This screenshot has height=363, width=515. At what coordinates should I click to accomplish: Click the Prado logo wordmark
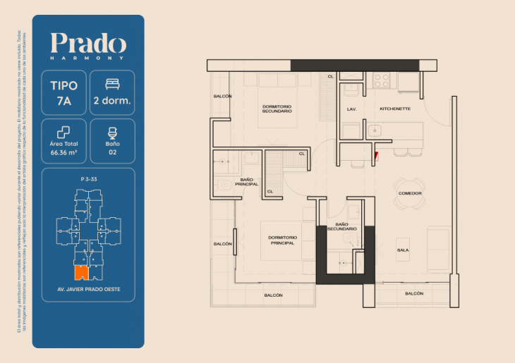point(88,44)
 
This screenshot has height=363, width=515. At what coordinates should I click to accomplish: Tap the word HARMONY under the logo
point(88,58)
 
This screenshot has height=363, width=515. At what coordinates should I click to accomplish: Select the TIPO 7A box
point(64,92)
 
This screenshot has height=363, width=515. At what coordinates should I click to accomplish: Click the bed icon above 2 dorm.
point(112,84)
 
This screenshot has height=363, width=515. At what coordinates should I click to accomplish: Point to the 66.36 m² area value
point(64,151)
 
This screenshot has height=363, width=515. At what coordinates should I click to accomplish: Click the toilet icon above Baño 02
point(112,132)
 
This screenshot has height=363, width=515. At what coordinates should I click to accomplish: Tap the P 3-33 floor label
point(88,180)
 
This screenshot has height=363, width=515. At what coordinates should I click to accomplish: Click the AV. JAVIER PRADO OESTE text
point(88,290)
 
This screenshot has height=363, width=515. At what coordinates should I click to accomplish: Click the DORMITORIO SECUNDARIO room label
point(277,109)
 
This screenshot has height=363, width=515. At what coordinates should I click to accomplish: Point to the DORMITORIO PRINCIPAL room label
point(286,240)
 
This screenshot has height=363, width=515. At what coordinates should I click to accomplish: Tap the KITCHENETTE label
point(395,109)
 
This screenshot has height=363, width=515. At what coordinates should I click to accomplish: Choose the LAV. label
point(351,109)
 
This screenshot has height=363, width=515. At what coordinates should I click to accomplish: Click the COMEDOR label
point(410,193)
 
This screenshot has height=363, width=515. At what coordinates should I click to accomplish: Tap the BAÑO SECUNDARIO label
point(341,226)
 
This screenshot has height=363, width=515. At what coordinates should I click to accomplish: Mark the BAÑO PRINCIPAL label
point(247,182)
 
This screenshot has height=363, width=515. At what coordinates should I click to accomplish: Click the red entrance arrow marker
point(376,156)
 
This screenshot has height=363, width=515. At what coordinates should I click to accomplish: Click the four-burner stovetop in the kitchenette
point(382,80)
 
